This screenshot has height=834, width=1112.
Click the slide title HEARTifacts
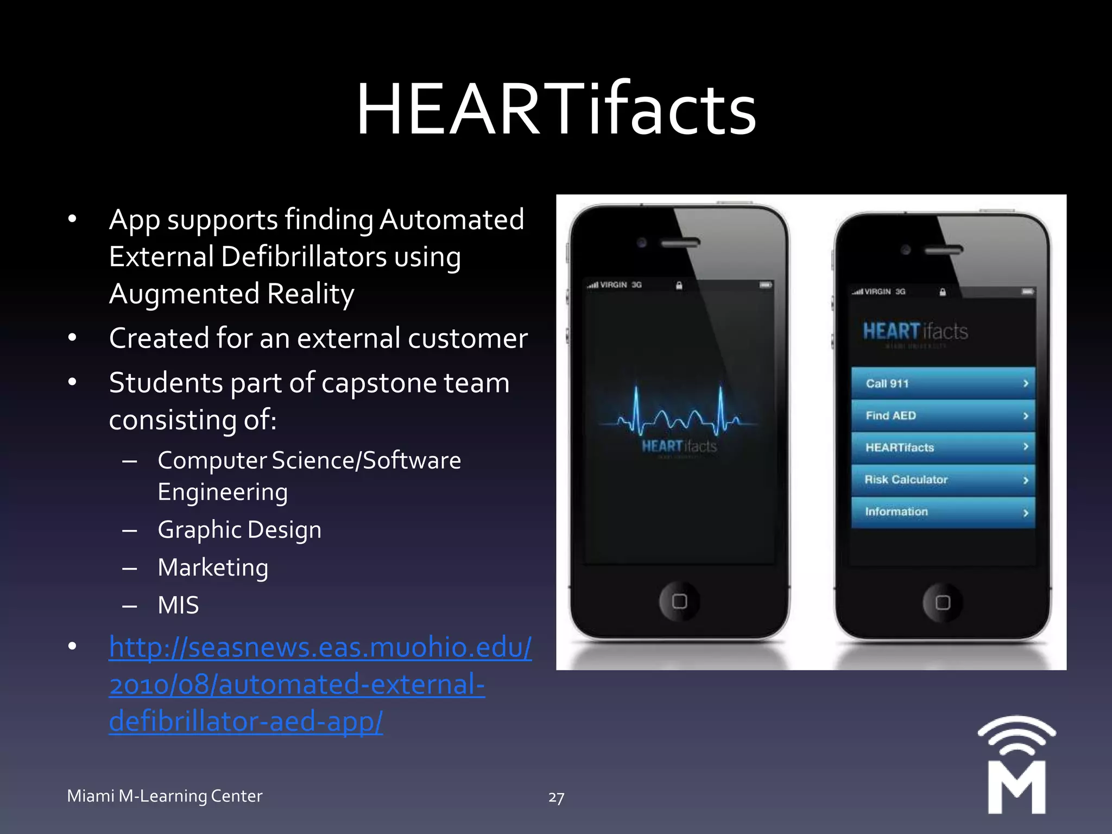(556, 109)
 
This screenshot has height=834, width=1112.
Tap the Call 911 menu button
(943, 383)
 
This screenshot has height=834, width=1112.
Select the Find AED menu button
(943, 415)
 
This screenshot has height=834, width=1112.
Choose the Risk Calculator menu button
(943, 480)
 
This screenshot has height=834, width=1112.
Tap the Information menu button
(943, 512)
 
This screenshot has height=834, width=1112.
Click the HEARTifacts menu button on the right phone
(943, 447)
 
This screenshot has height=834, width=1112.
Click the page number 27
(556, 797)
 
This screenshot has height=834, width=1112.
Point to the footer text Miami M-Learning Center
(165, 796)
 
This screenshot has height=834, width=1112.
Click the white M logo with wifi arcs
(1016, 766)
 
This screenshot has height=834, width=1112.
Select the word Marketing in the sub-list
(213, 568)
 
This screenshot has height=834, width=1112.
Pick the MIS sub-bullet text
(178, 605)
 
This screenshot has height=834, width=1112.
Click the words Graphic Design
(239, 530)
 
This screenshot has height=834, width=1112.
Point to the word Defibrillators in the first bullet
(304, 257)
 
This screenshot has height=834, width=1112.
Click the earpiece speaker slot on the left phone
(680, 243)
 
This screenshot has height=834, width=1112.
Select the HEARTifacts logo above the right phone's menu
(915, 332)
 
